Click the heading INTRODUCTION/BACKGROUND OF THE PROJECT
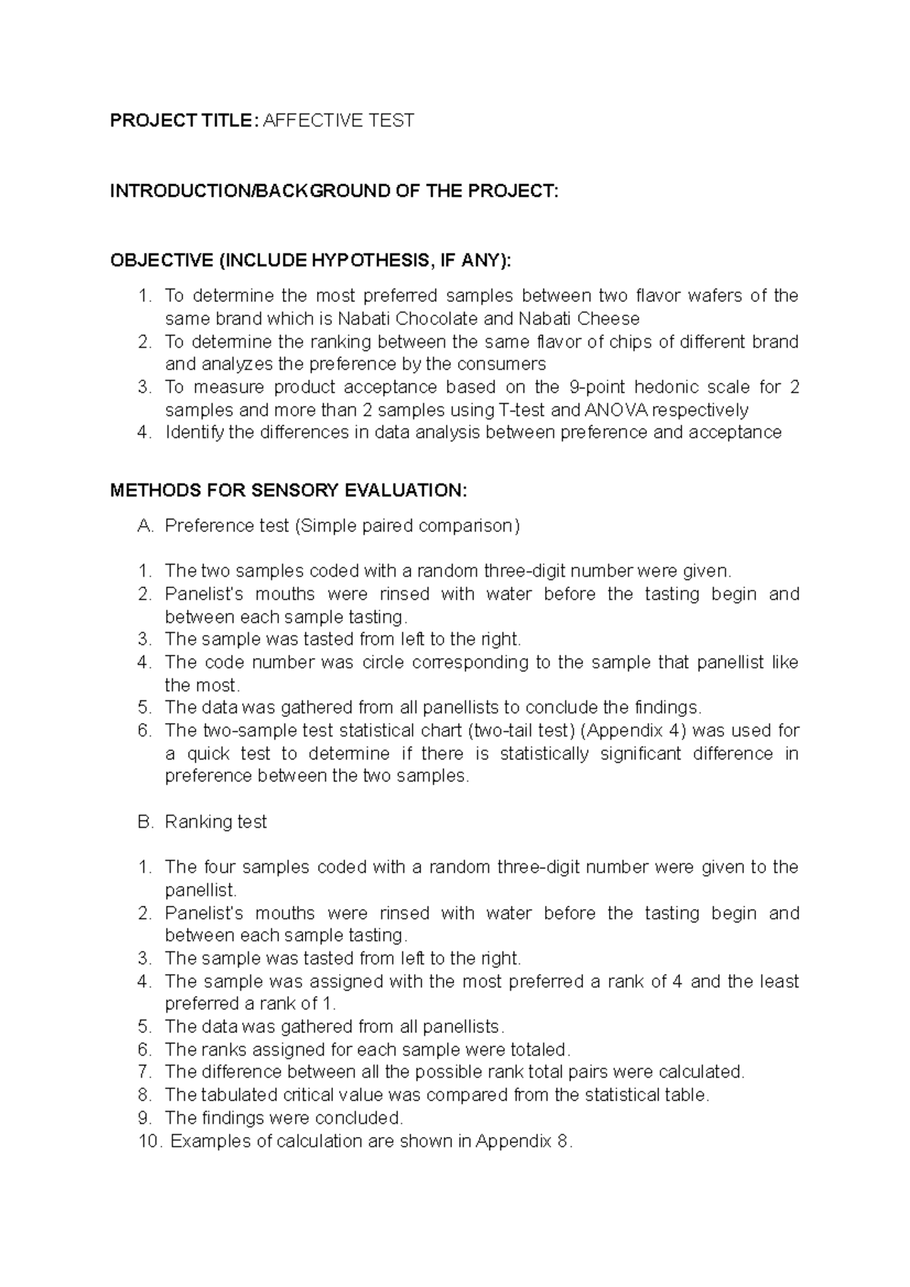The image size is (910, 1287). click(334, 191)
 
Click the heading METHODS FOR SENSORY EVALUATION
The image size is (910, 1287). click(289, 490)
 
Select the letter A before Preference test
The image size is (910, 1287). click(145, 526)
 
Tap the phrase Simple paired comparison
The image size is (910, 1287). click(407, 526)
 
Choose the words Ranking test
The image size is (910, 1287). click(215, 822)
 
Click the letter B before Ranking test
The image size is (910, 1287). click(145, 822)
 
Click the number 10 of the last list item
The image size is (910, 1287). click(149, 1141)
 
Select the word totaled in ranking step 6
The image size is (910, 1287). click(538, 1050)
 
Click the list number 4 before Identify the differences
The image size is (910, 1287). click(145, 433)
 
